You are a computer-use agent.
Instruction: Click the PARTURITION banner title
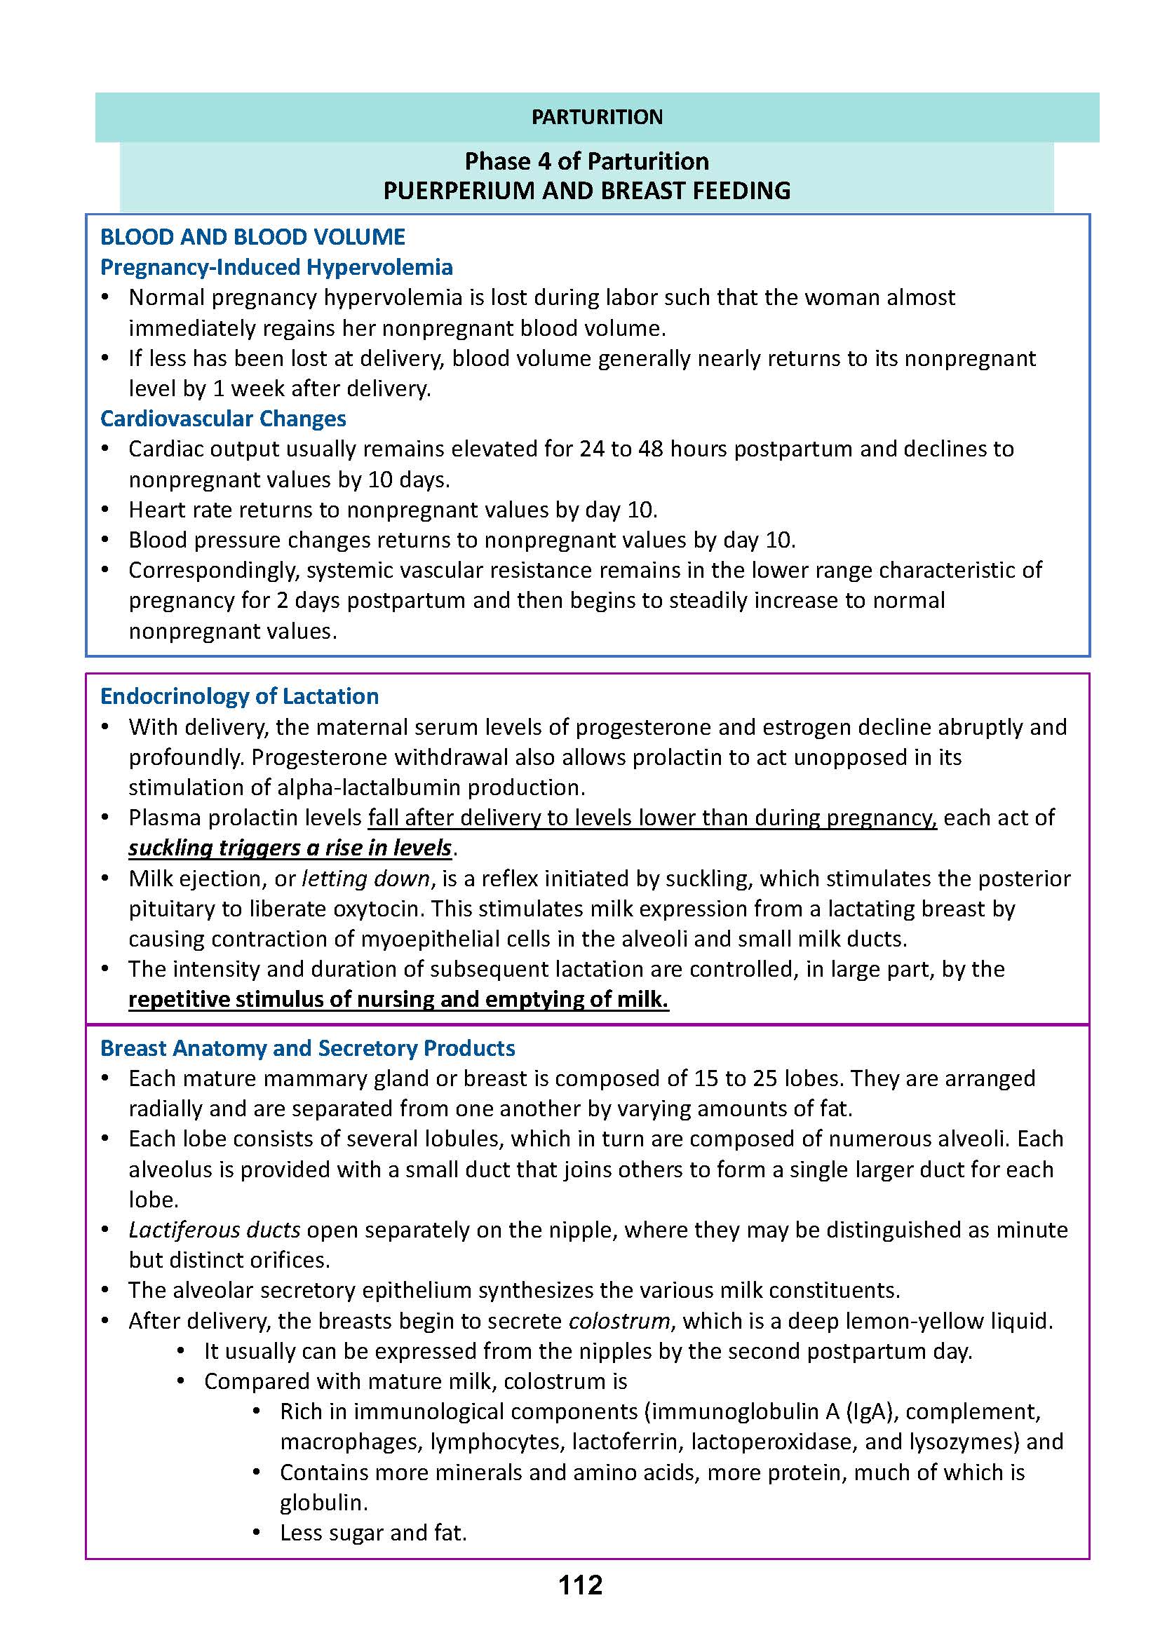coord(596,117)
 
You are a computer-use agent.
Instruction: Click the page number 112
coord(580,1585)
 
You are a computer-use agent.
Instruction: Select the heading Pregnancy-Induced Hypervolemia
coord(276,267)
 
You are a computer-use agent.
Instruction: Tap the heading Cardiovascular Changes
coord(223,419)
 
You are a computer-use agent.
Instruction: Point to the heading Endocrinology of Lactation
coord(239,696)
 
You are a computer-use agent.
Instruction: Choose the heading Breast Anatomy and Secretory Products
coord(307,1048)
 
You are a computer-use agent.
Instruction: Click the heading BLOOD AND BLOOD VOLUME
coord(252,237)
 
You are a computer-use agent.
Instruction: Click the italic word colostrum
coord(619,1321)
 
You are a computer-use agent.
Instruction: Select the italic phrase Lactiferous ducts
coord(215,1230)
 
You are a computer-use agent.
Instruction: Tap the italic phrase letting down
coord(366,879)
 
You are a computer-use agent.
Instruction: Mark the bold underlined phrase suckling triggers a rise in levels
coord(290,848)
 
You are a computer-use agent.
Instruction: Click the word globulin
coord(323,1502)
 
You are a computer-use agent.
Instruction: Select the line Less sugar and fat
coord(373,1533)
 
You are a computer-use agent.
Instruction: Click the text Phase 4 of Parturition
coord(586,161)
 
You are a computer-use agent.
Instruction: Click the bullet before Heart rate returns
coord(105,510)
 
